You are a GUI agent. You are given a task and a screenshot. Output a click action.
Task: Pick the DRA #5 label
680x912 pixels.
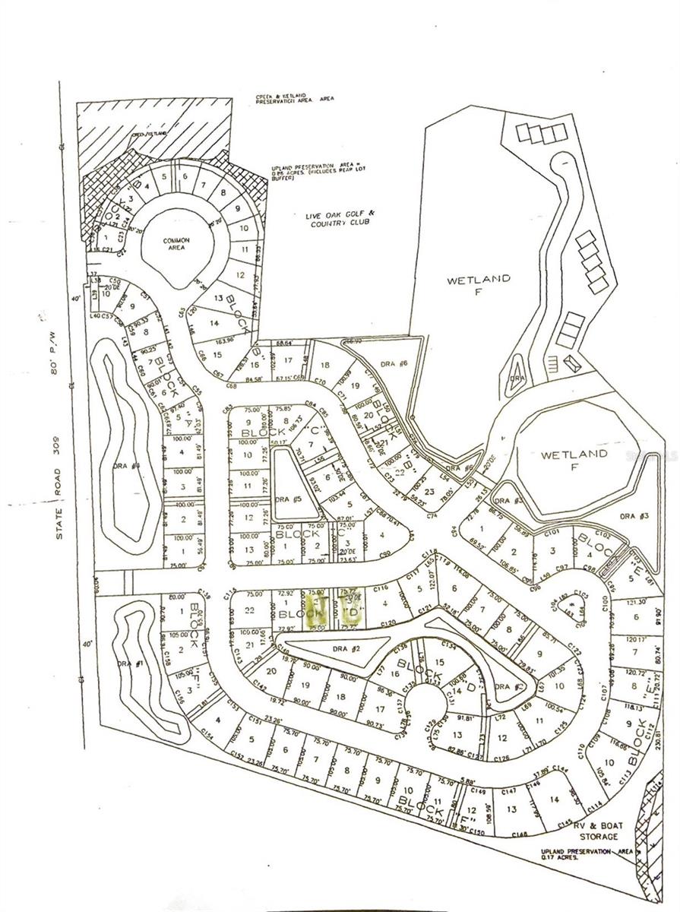click(x=286, y=499)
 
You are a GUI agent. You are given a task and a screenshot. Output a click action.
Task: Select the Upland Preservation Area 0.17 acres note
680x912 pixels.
click(x=583, y=855)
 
